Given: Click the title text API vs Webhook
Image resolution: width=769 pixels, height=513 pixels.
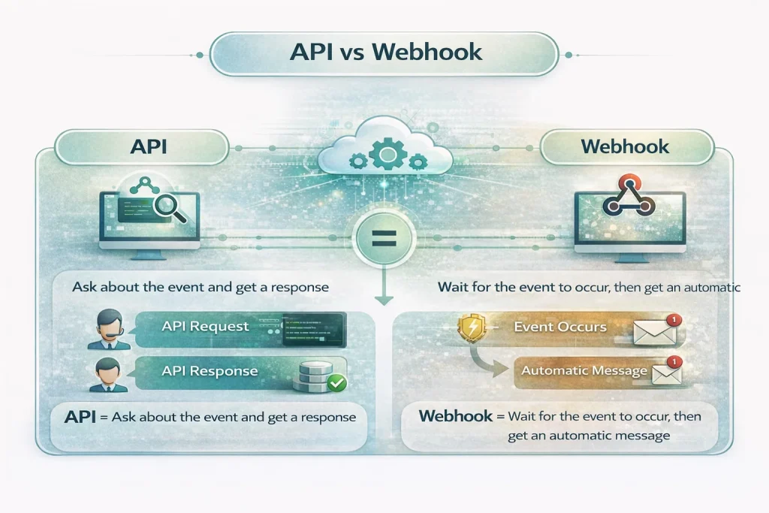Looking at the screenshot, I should pos(384,53).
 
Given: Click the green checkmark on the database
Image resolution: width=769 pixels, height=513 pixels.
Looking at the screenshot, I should pos(336,383).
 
